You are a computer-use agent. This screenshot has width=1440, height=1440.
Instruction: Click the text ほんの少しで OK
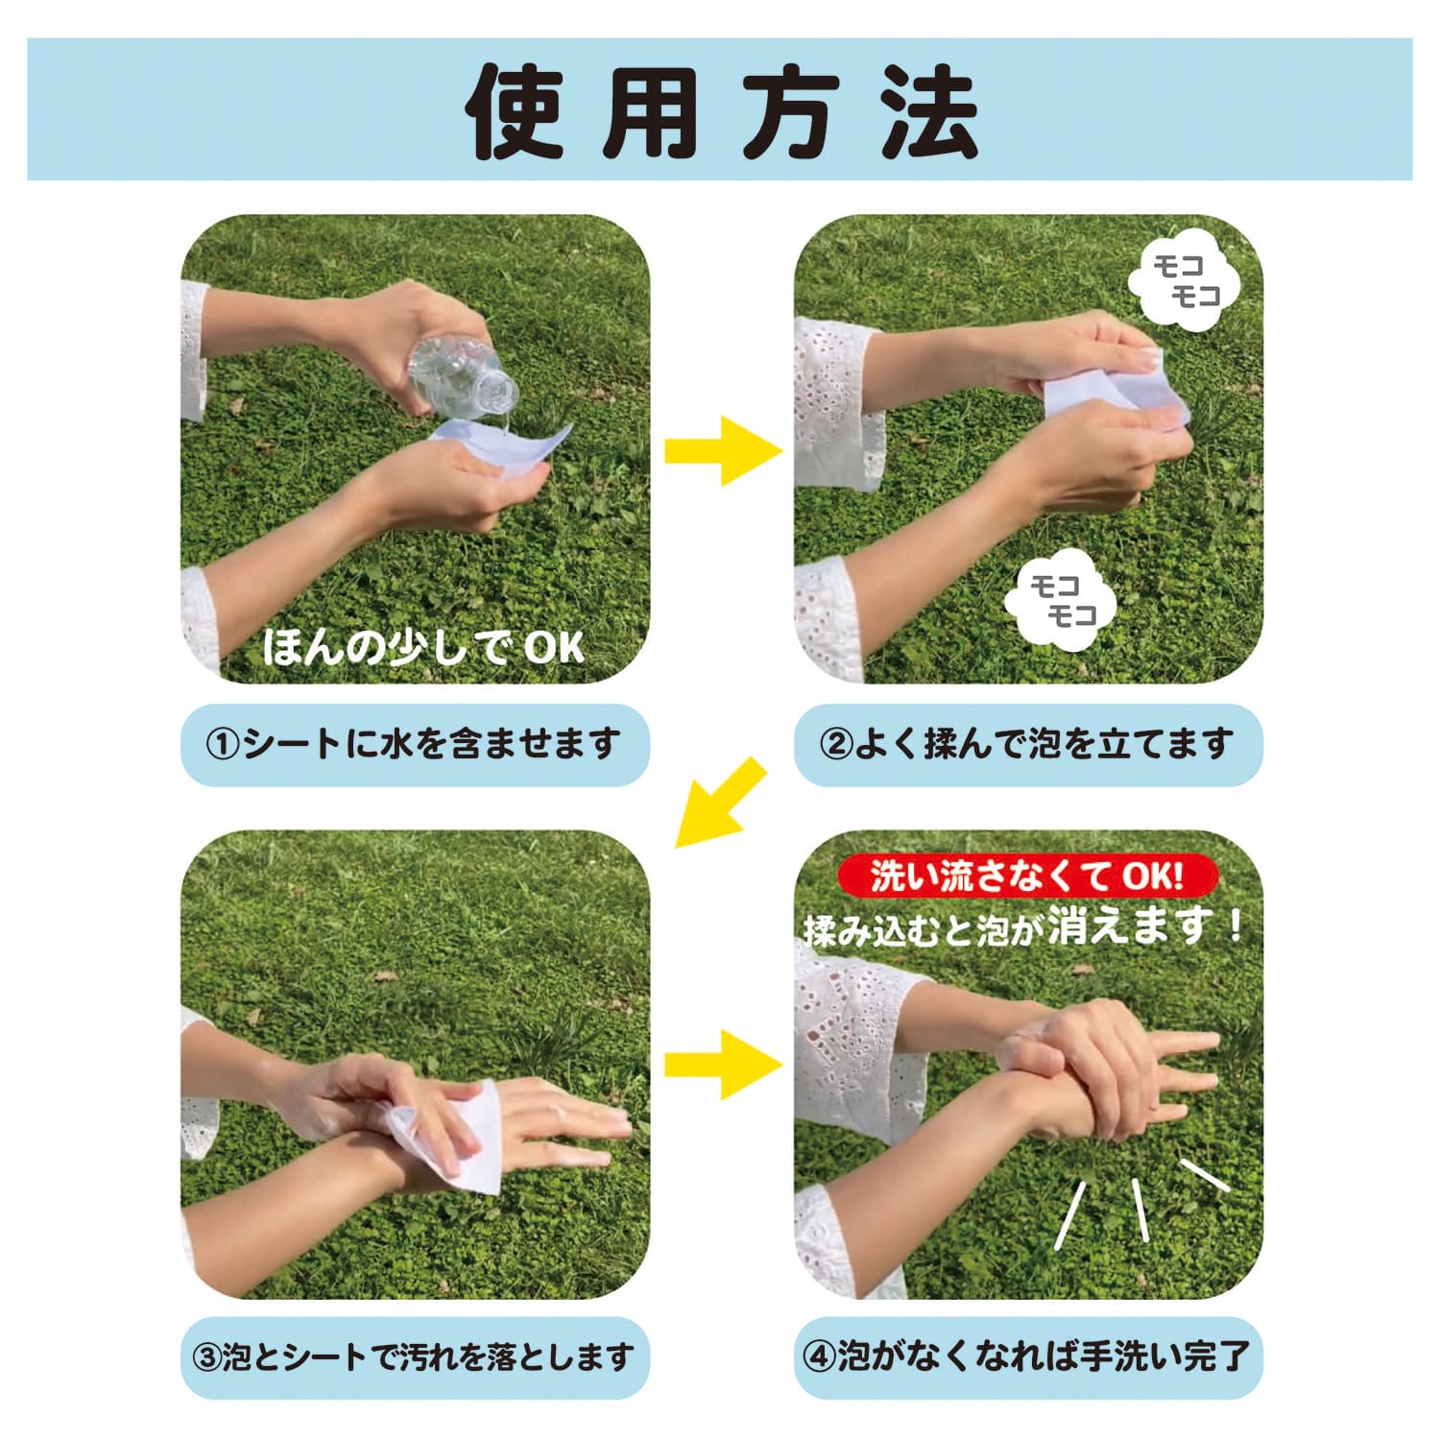pyautogui.click(x=422, y=647)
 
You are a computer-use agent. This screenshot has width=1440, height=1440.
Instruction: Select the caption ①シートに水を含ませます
pyautogui.click(x=415, y=744)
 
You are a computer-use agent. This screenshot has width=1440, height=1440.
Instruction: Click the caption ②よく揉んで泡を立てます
pyautogui.click(x=1027, y=744)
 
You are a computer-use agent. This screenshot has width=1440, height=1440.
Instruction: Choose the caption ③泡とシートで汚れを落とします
pyautogui.click(x=415, y=1357)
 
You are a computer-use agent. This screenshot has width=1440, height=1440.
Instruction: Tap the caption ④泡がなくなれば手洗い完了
pyautogui.click(x=1027, y=1357)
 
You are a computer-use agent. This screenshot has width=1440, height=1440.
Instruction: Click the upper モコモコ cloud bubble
pyautogui.click(x=1185, y=280)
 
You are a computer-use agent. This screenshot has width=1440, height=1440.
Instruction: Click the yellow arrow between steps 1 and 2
pyautogui.click(x=722, y=450)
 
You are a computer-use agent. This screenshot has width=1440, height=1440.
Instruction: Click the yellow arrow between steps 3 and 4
pyautogui.click(x=722, y=1064)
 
